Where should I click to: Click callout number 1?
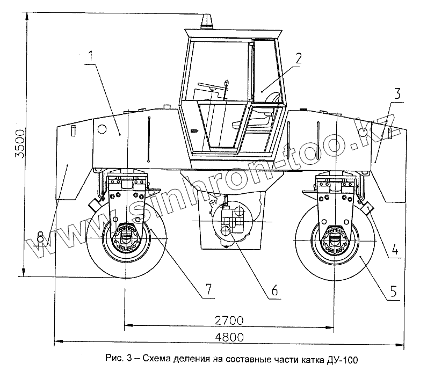pyautogui.click(x=91, y=55)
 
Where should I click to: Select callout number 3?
pyautogui.click(x=396, y=94)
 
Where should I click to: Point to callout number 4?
pyautogui.click(x=395, y=249)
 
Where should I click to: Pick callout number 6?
pyautogui.click(x=274, y=290)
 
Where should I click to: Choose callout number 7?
pyautogui.click(x=207, y=289)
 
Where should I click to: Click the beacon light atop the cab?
pyautogui.click(x=206, y=22)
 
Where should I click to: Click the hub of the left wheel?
pyautogui.click(x=126, y=240)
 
